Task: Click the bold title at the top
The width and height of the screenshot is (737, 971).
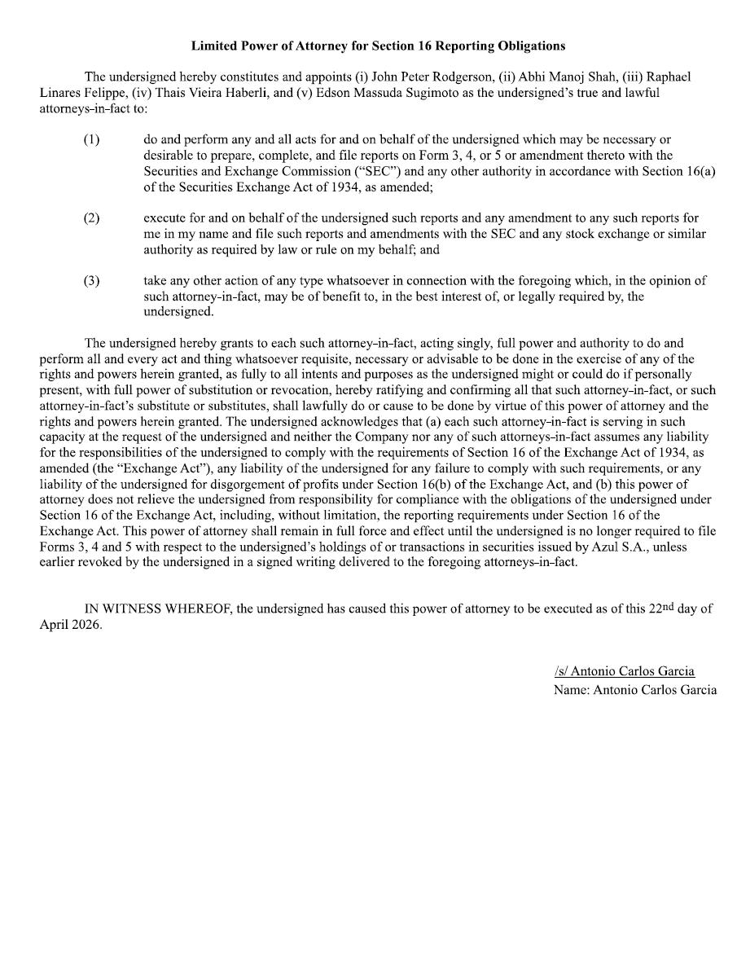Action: click(378, 46)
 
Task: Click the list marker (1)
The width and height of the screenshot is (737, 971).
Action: click(91, 140)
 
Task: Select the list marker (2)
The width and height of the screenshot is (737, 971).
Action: click(91, 218)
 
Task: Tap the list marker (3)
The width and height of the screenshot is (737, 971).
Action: click(91, 281)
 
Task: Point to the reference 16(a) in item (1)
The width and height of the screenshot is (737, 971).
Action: click(699, 171)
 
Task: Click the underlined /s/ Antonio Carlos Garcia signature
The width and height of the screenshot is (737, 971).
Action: click(624, 671)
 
